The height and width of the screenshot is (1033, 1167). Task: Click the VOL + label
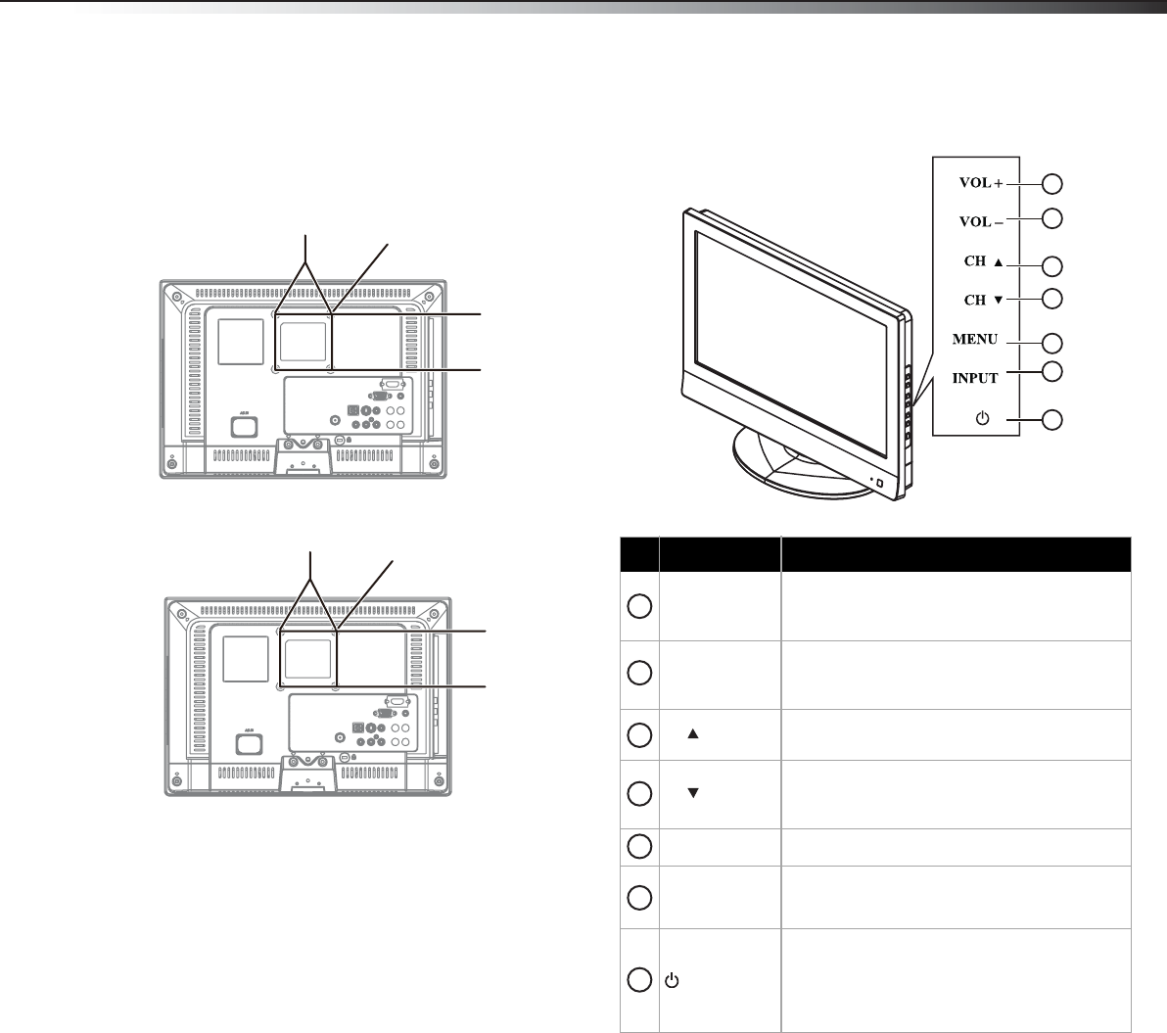(981, 182)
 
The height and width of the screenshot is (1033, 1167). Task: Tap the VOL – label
(981, 222)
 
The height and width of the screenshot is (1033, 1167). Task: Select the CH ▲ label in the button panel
(984, 261)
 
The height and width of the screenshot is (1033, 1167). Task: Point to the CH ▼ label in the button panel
(984, 300)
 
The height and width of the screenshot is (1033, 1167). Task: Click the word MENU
(975, 340)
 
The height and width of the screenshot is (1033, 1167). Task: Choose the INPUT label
(975, 378)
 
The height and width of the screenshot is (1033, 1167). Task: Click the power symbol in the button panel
(982, 418)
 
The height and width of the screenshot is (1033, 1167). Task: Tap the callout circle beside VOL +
(1051, 184)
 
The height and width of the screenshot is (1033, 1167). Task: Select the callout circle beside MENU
(1051, 343)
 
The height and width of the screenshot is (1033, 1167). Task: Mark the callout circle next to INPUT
(1051, 371)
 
